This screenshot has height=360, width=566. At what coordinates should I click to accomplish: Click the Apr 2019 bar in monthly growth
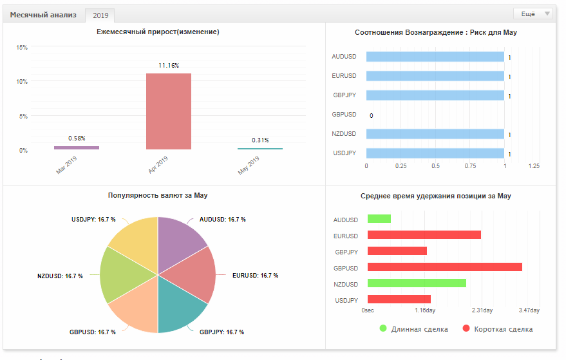tap(169, 111)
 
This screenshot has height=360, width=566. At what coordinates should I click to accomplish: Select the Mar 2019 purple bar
tap(77, 147)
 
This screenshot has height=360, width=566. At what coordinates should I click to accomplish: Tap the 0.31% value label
tap(260, 140)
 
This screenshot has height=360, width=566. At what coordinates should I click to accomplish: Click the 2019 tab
tap(100, 15)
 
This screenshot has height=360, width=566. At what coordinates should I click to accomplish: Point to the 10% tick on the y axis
tap(22, 82)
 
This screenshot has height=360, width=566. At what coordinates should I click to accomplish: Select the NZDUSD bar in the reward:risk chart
tap(435, 134)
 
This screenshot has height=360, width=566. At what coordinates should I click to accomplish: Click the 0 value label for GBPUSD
tap(372, 116)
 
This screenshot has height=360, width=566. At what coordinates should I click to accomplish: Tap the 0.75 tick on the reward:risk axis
tap(470, 166)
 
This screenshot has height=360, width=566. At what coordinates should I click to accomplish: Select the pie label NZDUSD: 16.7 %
tap(60, 276)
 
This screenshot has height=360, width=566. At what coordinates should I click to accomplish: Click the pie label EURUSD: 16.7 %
tap(255, 276)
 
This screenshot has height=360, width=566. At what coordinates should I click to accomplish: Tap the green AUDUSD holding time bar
tap(379, 219)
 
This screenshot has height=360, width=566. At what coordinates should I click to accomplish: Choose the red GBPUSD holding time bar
tap(445, 267)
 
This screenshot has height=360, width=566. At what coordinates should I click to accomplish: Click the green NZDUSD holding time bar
tap(417, 283)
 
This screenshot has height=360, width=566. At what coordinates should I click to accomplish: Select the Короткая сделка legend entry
tap(497, 329)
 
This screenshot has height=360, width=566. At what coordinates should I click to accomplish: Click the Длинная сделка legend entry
tap(413, 329)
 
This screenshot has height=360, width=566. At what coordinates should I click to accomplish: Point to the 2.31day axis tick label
tap(482, 310)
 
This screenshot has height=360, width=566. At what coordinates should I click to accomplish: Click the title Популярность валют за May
tap(158, 195)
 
